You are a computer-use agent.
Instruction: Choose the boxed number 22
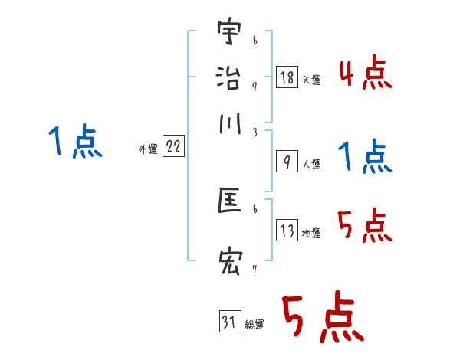[173, 147]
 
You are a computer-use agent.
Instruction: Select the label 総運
[255, 325]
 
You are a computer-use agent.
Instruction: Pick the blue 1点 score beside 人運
[364, 158]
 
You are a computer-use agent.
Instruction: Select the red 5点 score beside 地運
[364, 226]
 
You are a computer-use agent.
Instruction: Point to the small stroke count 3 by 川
[255, 132]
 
